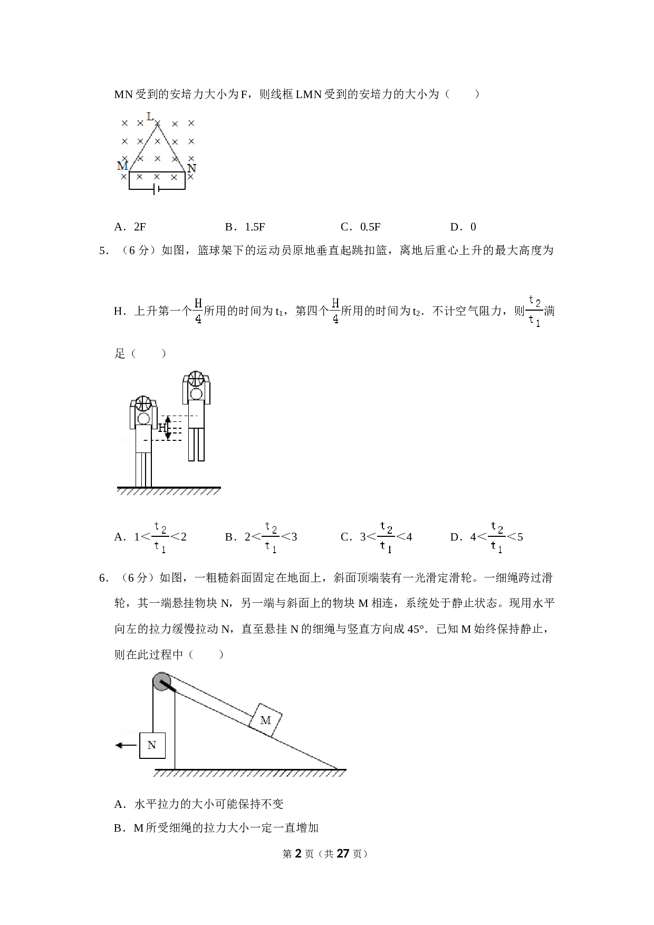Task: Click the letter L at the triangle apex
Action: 150,117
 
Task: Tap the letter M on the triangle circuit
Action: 122,166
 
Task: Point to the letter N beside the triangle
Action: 192,168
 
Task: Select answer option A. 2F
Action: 130,227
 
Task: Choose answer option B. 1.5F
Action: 245,227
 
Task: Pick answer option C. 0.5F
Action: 361,227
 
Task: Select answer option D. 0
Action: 463,227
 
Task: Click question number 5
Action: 103,250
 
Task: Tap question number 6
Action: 103,578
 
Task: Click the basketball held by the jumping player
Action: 196,379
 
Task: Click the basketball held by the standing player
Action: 143,403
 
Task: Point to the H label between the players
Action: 162,428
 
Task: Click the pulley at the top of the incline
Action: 161,681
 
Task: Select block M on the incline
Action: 265,720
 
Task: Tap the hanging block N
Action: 152,745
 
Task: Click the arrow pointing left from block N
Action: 126,745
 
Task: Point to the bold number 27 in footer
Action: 343,853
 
